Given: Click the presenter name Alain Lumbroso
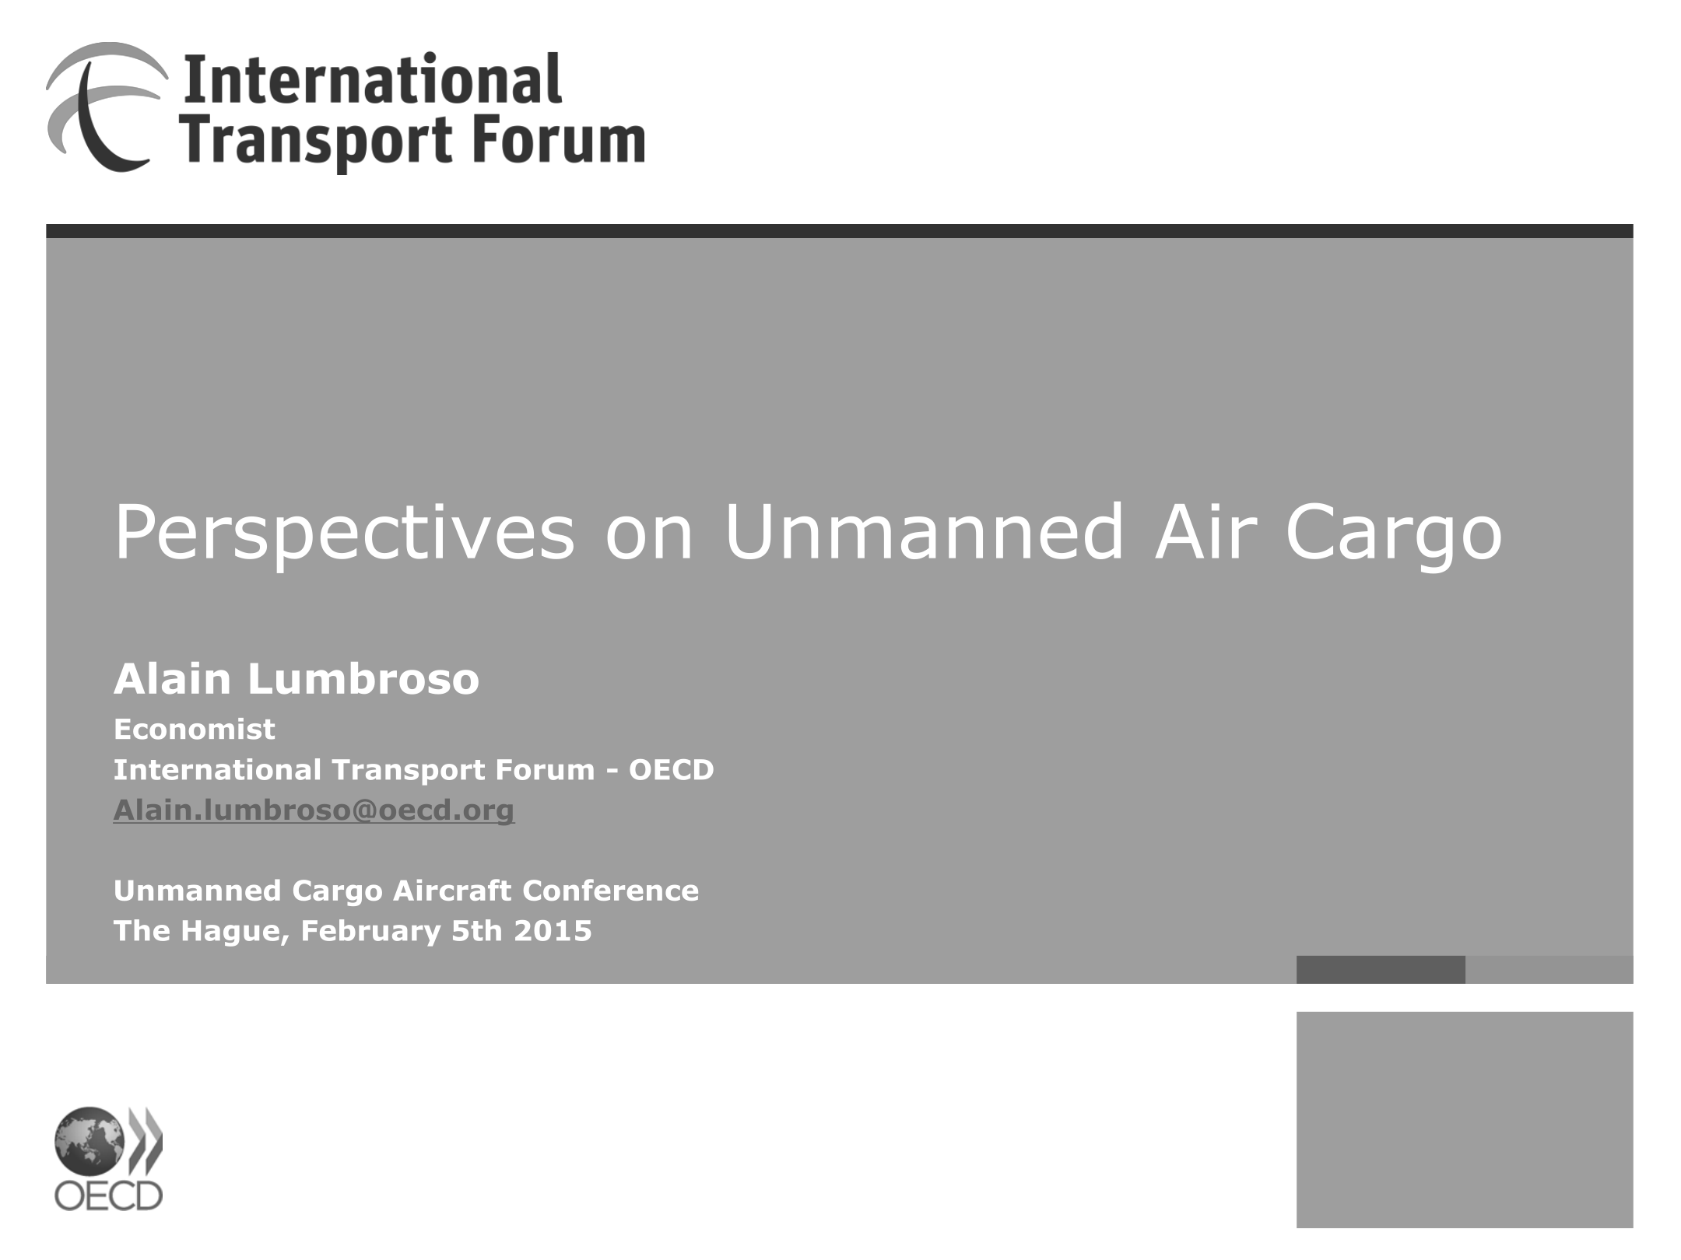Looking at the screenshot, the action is (297, 679).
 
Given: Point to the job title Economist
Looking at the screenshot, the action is (195, 730).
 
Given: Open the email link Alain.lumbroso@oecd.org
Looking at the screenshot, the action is (314, 810).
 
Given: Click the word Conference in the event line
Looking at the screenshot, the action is (610, 891).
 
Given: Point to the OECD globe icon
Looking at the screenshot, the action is (89, 1142).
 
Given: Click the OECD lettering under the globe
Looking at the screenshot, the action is (108, 1196).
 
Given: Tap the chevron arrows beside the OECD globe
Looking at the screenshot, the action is (146, 1141).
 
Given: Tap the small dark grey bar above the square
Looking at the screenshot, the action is (1381, 969).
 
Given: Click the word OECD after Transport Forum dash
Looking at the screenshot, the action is (671, 770).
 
